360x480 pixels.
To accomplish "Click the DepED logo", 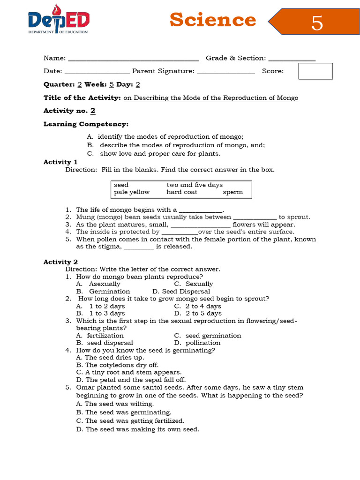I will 58,21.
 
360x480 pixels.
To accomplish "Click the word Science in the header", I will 213,20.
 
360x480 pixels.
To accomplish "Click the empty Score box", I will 315,71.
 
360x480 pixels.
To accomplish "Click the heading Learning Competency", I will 86,124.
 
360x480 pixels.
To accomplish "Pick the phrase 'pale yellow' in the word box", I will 132,192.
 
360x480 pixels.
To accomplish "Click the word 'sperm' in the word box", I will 233,192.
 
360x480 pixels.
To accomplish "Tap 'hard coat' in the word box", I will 182,192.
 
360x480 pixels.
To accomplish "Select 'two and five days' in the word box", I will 195,185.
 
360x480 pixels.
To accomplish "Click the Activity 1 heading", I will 57,162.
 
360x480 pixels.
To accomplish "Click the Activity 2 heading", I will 57,262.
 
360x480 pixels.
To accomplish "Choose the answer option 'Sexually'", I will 199,284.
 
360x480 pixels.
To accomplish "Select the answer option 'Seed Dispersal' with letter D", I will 186,292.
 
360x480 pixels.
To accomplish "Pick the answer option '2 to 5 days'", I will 203,314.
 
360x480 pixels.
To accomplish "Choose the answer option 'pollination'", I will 203,343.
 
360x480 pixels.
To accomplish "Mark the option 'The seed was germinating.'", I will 128,412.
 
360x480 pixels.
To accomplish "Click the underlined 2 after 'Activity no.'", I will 93,111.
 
